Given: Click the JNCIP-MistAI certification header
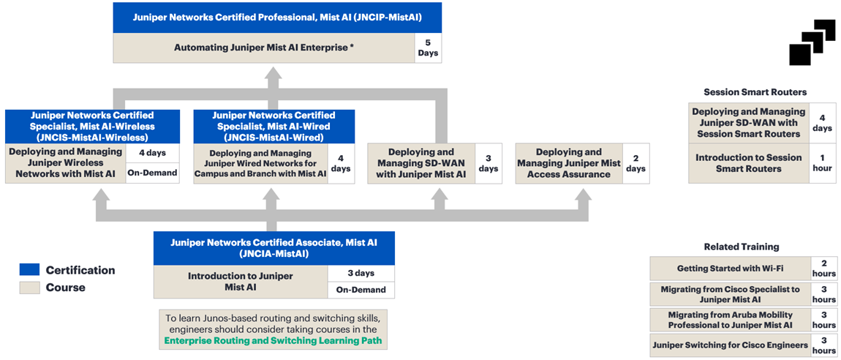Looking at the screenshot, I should coord(277,18).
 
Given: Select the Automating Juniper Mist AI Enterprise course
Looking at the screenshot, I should coord(264,48).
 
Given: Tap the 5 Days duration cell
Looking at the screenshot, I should coord(428,48).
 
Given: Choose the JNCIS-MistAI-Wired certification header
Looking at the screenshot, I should coord(274,126).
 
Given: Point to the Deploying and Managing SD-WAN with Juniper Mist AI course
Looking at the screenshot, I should coord(420,163).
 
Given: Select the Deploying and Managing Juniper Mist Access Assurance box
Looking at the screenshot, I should coord(568,163).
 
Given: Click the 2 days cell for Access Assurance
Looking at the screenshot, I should coord(636,163).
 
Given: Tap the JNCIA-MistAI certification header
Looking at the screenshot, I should coord(274,248).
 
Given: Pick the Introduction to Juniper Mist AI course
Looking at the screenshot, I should coord(240,282).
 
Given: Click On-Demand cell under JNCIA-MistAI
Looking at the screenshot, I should coord(361,290).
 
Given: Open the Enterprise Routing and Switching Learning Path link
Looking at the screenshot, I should coord(273,340).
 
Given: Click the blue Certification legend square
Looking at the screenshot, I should coord(29,270).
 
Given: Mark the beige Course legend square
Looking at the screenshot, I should coord(29,288).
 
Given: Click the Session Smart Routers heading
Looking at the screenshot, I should coord(755,92).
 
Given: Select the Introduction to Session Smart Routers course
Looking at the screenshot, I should coord(748,163).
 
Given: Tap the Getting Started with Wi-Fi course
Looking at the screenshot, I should coord(729,269).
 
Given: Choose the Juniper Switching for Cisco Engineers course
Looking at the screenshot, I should coord(729,345).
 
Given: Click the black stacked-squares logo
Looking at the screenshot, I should coord(812,42).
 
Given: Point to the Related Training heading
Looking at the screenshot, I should coord(741,247).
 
